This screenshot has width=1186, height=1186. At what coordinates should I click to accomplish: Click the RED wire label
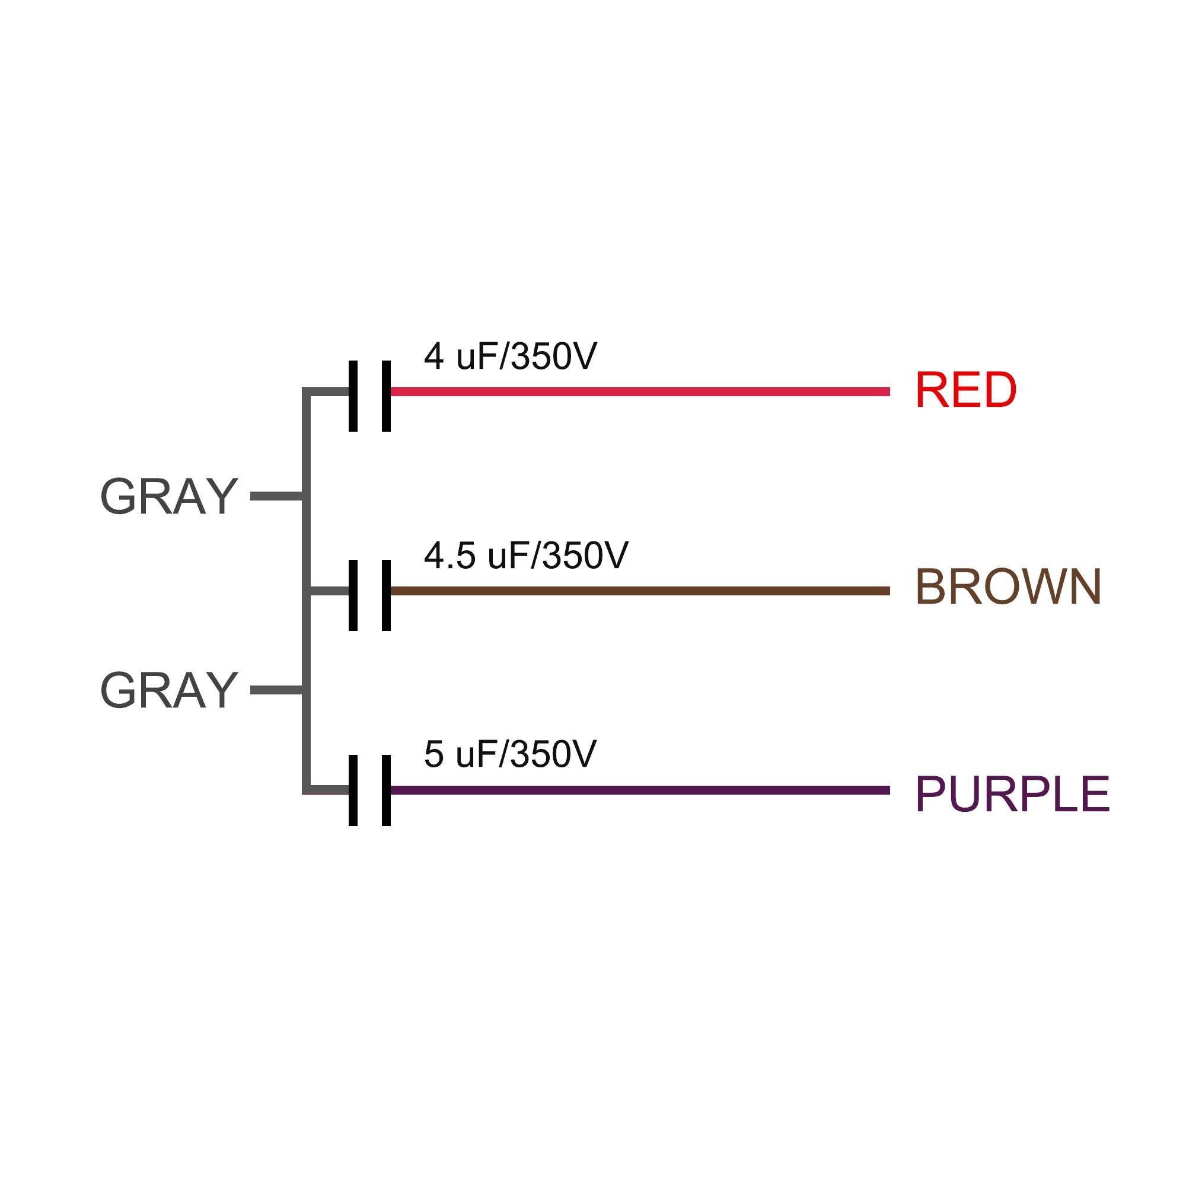pyautogui.click(x=965, y=390)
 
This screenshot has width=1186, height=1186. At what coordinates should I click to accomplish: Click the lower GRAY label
pyautogui.click(x=169, y=690)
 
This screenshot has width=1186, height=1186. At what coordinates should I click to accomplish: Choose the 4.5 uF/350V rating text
pyautogui.click(x=526, y=555)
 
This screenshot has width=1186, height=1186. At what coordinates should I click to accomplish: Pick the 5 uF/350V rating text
pyautogui.click(x=510, y=754)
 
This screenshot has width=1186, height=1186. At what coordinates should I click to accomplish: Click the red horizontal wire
pyautogui.click(x=639, y=391)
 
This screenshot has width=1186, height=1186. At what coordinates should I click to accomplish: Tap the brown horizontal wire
pyautogui.click(x=639, y=591)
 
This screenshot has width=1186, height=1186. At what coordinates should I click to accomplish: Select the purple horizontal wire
pyautogui.click(x=639, y=790)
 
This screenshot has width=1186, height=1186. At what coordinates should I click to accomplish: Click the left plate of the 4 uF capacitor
pyautogui.click(x=353, y=396)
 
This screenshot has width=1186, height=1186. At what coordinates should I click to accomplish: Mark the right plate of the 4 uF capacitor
pyautogui.click(x=386, y=396)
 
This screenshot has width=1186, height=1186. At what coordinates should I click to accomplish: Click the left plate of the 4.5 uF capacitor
pyautogui.click(x=353, y=595)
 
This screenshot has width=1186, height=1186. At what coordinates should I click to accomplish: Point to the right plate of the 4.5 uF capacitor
pyautogui.click(x=386, y=595)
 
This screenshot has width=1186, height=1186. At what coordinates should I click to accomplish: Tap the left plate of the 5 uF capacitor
pyautogui.click(x=353, y=790)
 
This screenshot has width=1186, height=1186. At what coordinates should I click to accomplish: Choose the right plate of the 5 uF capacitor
pyautogui.click(x=386, y=790)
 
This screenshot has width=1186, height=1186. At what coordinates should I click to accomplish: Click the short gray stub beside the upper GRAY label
pyautogui.click(x=276, y=496)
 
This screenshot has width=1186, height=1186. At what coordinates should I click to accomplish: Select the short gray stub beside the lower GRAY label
pyautogui.click(x=276, y=691)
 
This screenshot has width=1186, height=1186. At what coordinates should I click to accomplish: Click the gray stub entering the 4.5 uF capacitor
pyautogui.click(x=329, y=591)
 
